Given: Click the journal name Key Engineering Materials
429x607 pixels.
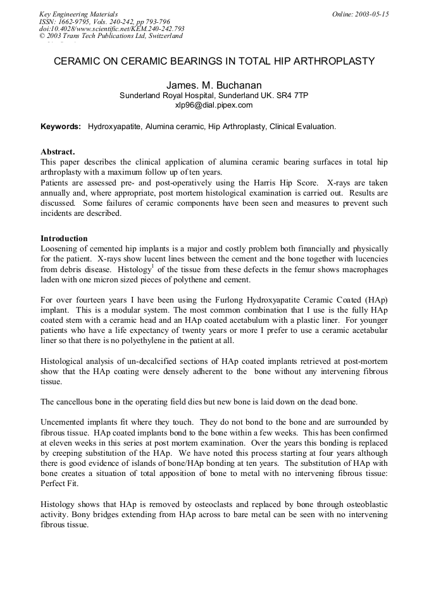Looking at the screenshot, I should [78, 14].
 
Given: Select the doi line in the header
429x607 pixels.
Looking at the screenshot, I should [112, 28].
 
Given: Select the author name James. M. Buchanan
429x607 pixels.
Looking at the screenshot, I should [214, 85].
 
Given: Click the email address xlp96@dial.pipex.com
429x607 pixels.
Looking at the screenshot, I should [214, 105].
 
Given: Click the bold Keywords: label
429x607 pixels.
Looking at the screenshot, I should [61, 127].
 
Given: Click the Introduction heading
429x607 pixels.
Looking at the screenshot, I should [64, 239].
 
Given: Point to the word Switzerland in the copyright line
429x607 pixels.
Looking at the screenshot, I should [161, 36].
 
